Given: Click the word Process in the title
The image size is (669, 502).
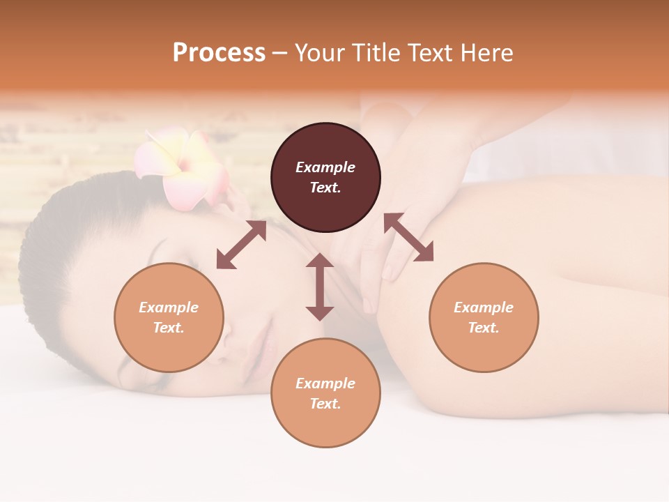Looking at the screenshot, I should (219, 52).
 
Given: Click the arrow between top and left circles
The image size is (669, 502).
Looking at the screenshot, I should (241, 245).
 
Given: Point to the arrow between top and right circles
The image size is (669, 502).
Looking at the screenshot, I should (408, 238).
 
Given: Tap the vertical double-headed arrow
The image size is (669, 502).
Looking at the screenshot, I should (320, 287).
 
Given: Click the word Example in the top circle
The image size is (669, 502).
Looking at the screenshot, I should (325, 167).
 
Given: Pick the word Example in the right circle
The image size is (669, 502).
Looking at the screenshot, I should (484, 307).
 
